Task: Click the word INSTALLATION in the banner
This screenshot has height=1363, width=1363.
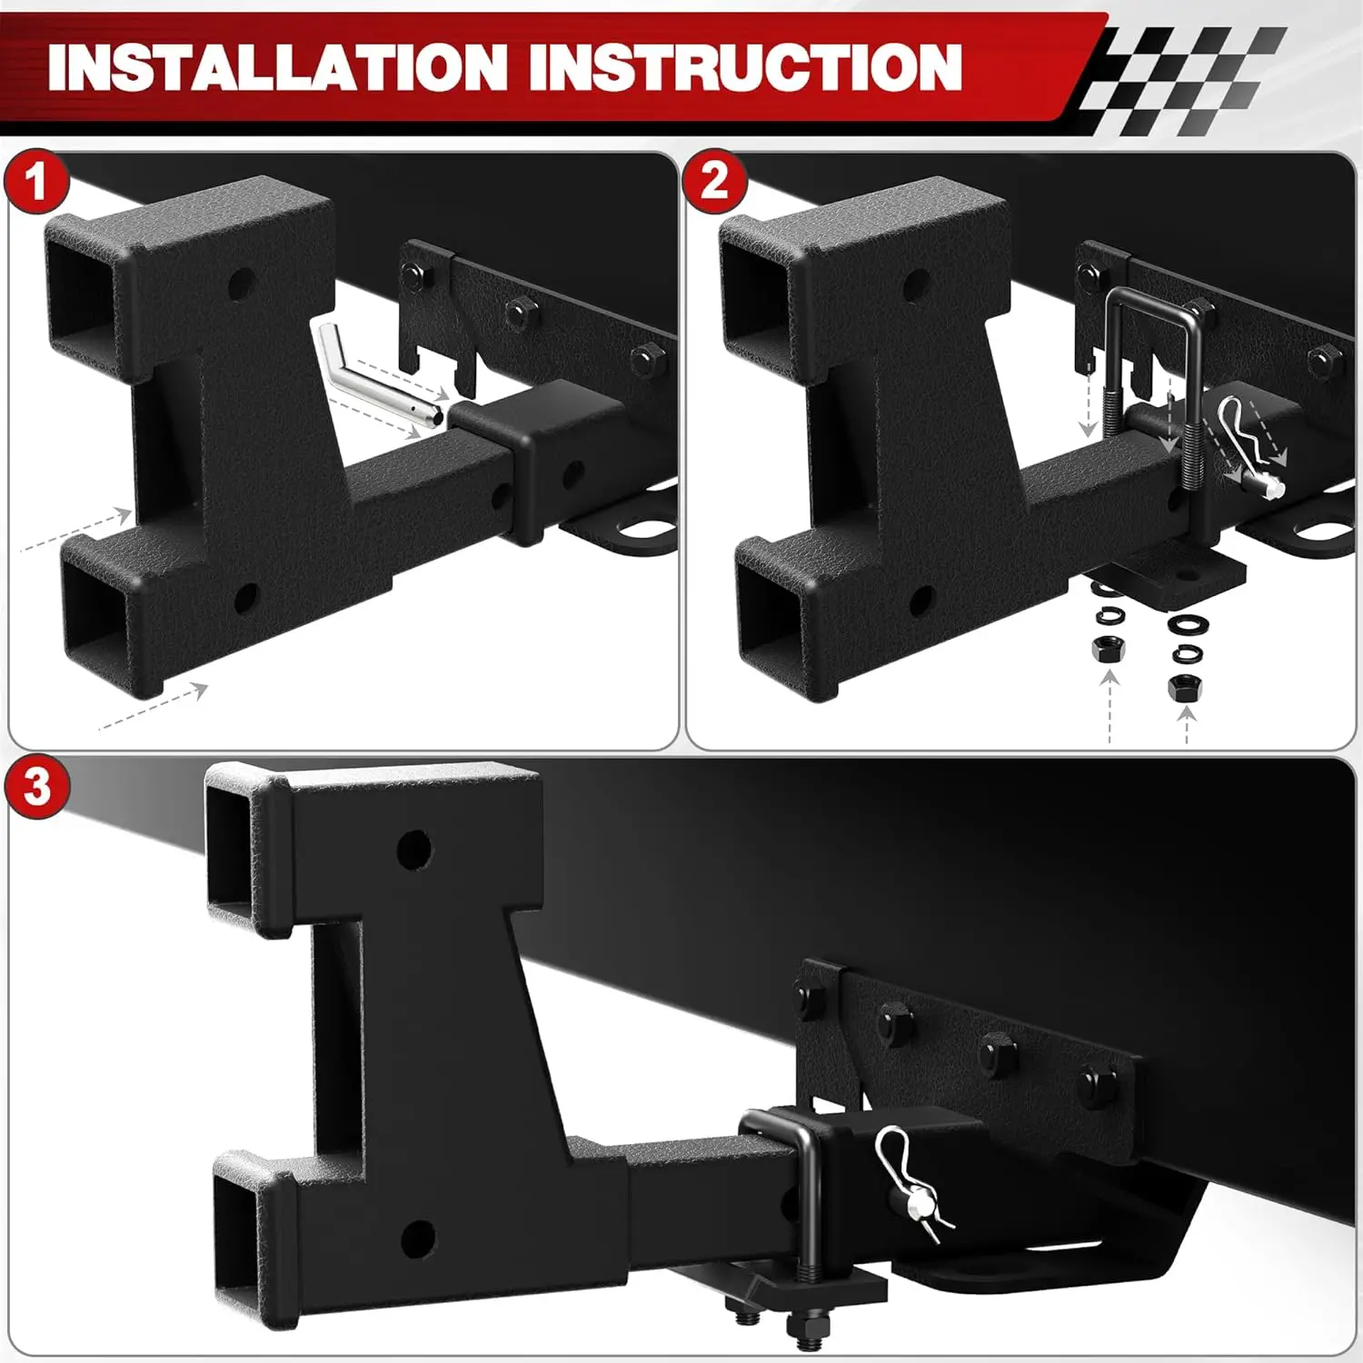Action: (277, 65)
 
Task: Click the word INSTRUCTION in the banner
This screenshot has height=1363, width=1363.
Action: (745, 65)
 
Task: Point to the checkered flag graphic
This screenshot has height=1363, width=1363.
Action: (1181, 80)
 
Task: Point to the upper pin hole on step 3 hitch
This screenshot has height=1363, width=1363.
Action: (415, 849)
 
